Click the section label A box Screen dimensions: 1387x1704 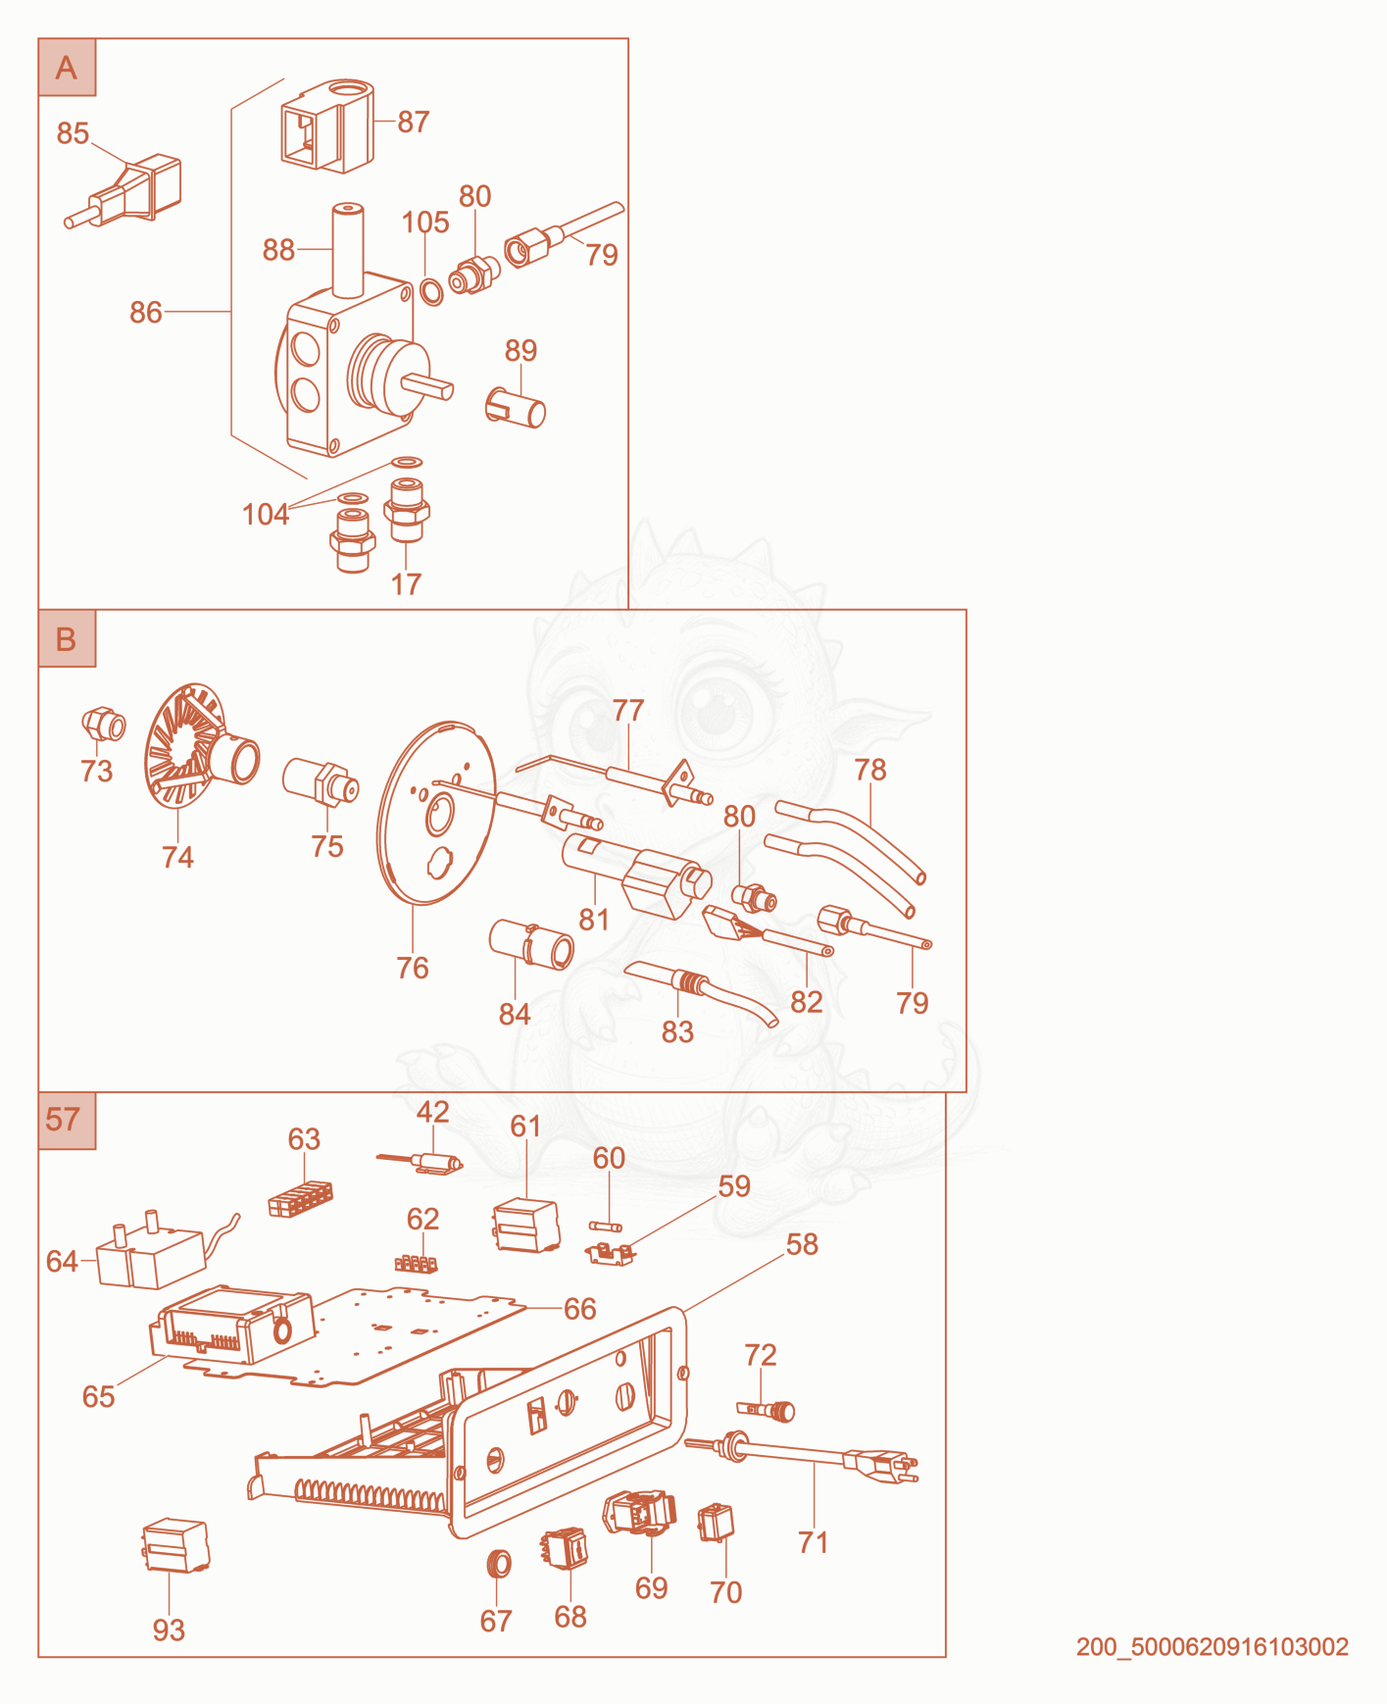coord(67,68)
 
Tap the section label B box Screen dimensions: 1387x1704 coord(67,638)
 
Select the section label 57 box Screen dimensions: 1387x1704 coord(67,1121)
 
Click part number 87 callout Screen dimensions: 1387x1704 coord(414,122)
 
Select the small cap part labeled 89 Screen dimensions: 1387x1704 coord(516,407)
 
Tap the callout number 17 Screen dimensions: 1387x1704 coord(406,584)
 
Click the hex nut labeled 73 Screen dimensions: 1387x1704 coord(103,725)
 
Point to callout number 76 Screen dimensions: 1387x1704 coord(413,968)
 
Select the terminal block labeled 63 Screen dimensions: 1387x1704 coord(300,1198)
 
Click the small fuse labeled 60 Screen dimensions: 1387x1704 coord(606,1227)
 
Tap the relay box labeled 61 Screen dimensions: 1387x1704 coord(526,1226)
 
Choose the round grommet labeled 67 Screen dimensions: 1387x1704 coord(499,1563)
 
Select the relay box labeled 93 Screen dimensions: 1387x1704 coord(175,1545)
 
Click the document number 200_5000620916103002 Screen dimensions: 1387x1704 coord(1213,1646)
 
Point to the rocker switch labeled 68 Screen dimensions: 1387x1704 coord(566,1549)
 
